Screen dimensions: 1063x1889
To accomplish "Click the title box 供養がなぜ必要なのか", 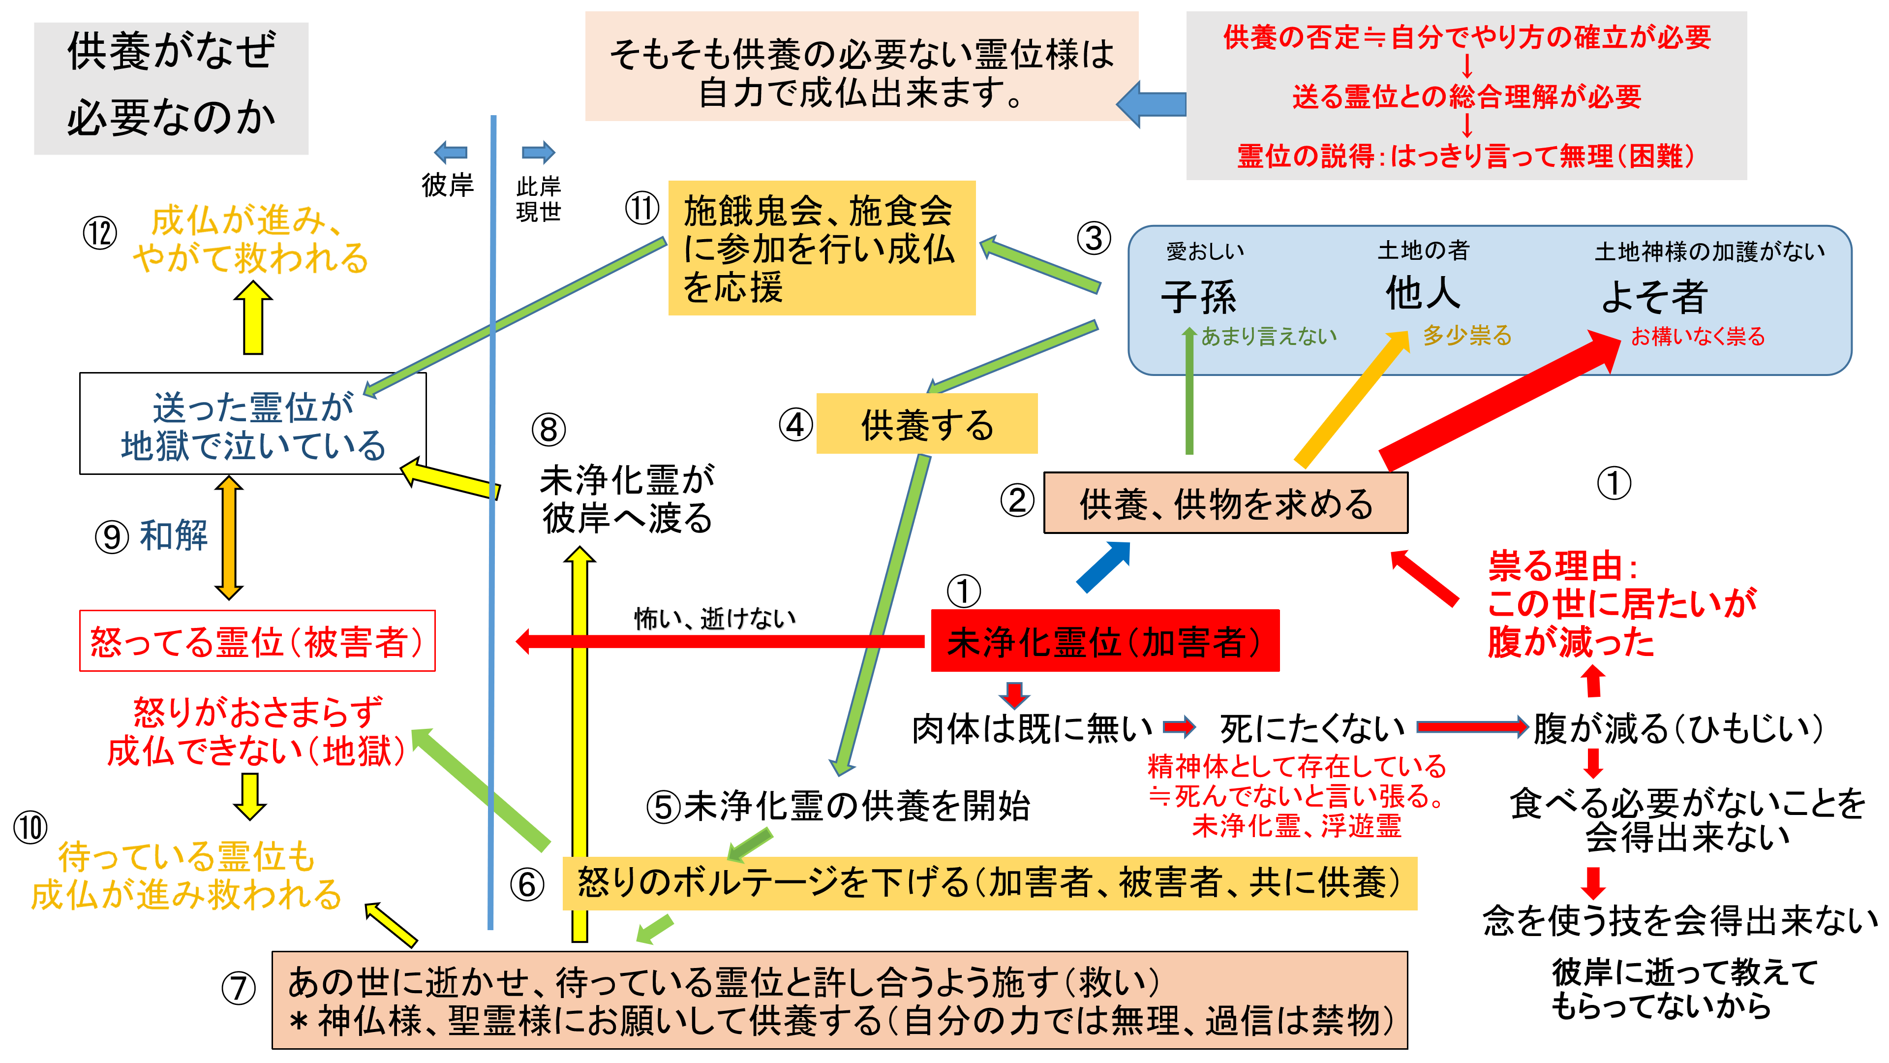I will pos(171,88).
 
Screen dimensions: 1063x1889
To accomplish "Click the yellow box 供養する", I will pos(926,424).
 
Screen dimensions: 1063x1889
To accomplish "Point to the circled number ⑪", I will pos(641,208).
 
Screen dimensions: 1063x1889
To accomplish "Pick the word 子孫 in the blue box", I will pos(1198,296).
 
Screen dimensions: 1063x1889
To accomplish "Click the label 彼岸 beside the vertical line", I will pos(447,185).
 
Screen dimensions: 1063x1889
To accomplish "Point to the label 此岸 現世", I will pos(538,199).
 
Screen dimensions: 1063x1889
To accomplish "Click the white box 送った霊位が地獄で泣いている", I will pos(252,424).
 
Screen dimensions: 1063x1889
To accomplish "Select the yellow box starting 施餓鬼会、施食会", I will pos(822,248).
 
